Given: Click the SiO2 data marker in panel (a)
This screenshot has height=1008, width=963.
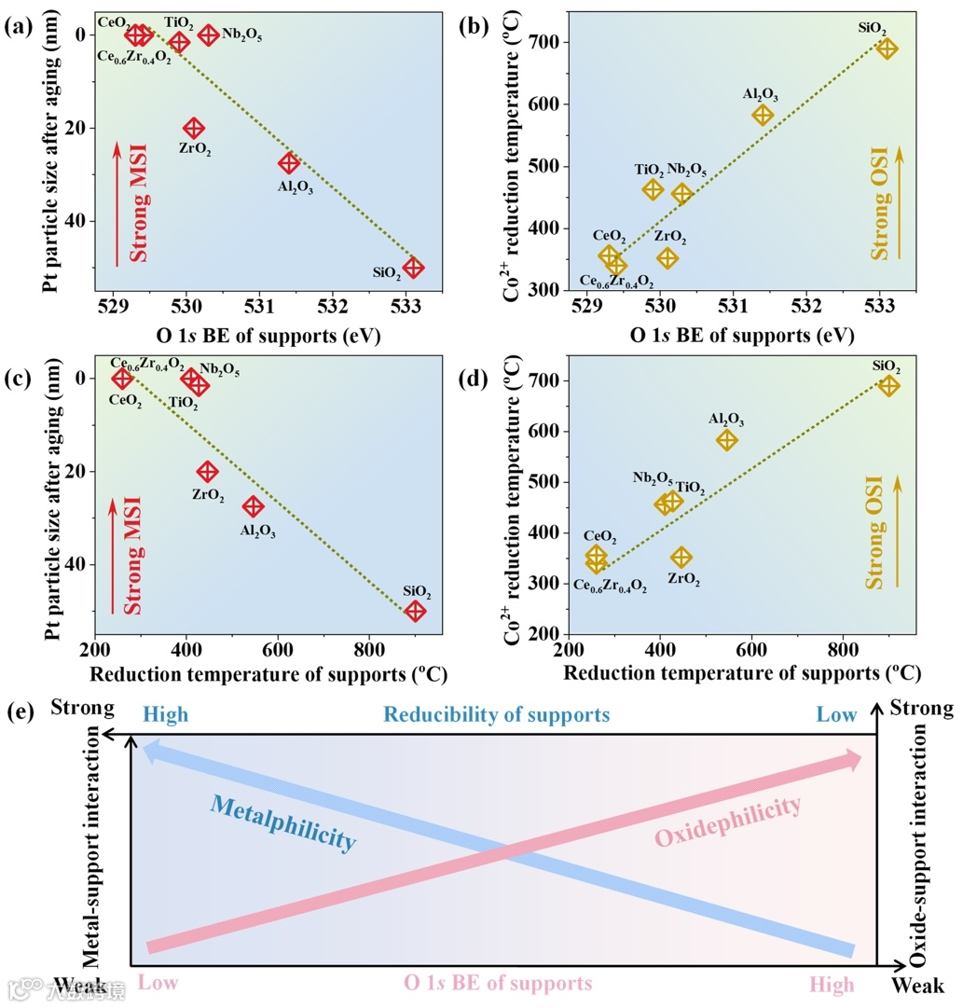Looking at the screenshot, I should coord(413,268).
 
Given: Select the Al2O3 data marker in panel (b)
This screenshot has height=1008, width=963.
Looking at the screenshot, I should coord(764,115).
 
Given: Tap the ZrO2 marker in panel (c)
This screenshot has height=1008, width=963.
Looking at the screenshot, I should coord(208,472).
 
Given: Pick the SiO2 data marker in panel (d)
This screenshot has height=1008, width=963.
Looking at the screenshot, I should coord(889,386).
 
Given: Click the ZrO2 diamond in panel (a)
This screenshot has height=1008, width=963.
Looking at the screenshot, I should coord(194,128).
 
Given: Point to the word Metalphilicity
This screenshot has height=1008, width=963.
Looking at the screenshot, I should coord(282,821).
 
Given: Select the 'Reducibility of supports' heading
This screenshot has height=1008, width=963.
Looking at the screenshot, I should coord(498,715).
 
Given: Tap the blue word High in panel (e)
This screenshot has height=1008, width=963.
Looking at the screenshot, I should coord(165,715).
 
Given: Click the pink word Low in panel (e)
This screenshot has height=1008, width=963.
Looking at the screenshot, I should coord(158,984).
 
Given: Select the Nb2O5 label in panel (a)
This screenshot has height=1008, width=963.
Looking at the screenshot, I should coord(241,35).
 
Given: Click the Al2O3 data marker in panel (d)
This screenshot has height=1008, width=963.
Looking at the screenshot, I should coord(727,440).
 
